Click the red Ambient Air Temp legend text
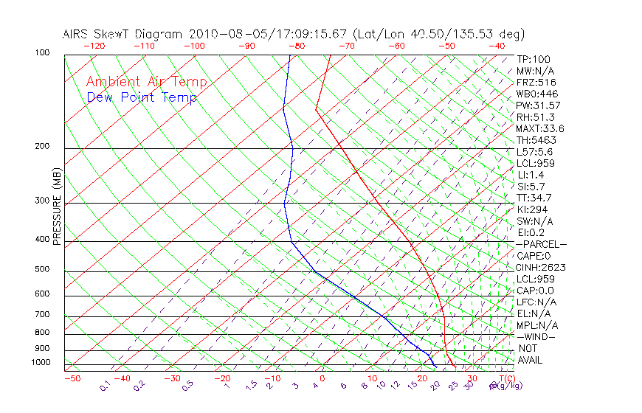click(146, 82)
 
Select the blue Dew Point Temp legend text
click(142, 98)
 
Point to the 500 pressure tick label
click(42, 270)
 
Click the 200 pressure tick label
click(42, 147)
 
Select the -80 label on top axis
click(296, 46)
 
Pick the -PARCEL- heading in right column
click(541, 244)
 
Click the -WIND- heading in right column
click(536, 337)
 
